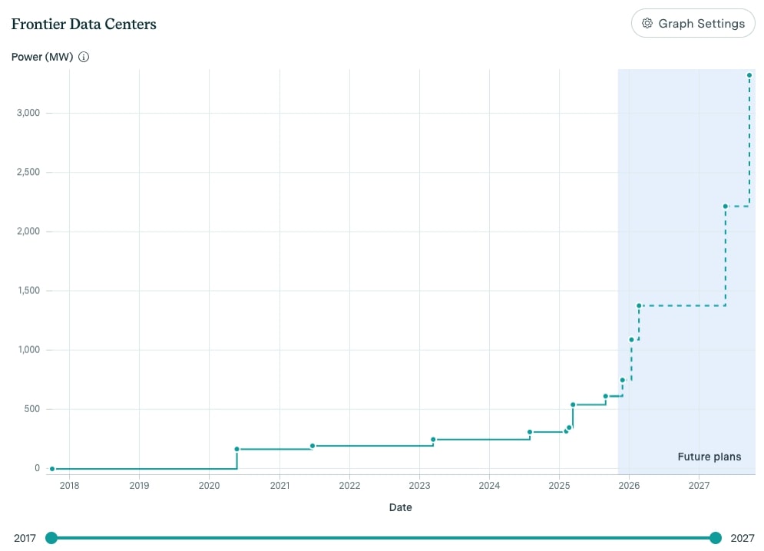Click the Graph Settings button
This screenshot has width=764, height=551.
[x=693, y=23]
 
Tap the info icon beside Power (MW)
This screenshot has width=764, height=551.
[x=84, y=57]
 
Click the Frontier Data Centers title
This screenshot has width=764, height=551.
[x=84, y=24]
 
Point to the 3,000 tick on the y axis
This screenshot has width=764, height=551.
[x=29, y=114]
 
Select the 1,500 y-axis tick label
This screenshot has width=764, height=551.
[x=29, y=291]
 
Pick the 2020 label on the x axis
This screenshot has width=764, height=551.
[x=210, y=485]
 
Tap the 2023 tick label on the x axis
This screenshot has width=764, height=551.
[x=419, y=485]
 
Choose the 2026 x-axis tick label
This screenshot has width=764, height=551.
[x=629, y=485]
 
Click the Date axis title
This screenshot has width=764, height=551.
[x=400, y=507]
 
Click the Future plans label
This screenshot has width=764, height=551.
[x=709, y=457]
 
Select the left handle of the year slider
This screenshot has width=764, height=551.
[x=51, y=538]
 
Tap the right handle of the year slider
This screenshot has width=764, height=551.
[x=716, y=538]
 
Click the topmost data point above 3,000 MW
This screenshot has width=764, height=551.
[x=749, y=75]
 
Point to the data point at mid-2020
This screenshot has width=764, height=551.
[x=236, y=449]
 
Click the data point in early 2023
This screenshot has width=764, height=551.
[x=433, y=440]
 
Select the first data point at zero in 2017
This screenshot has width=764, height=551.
[x=52, y=468]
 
